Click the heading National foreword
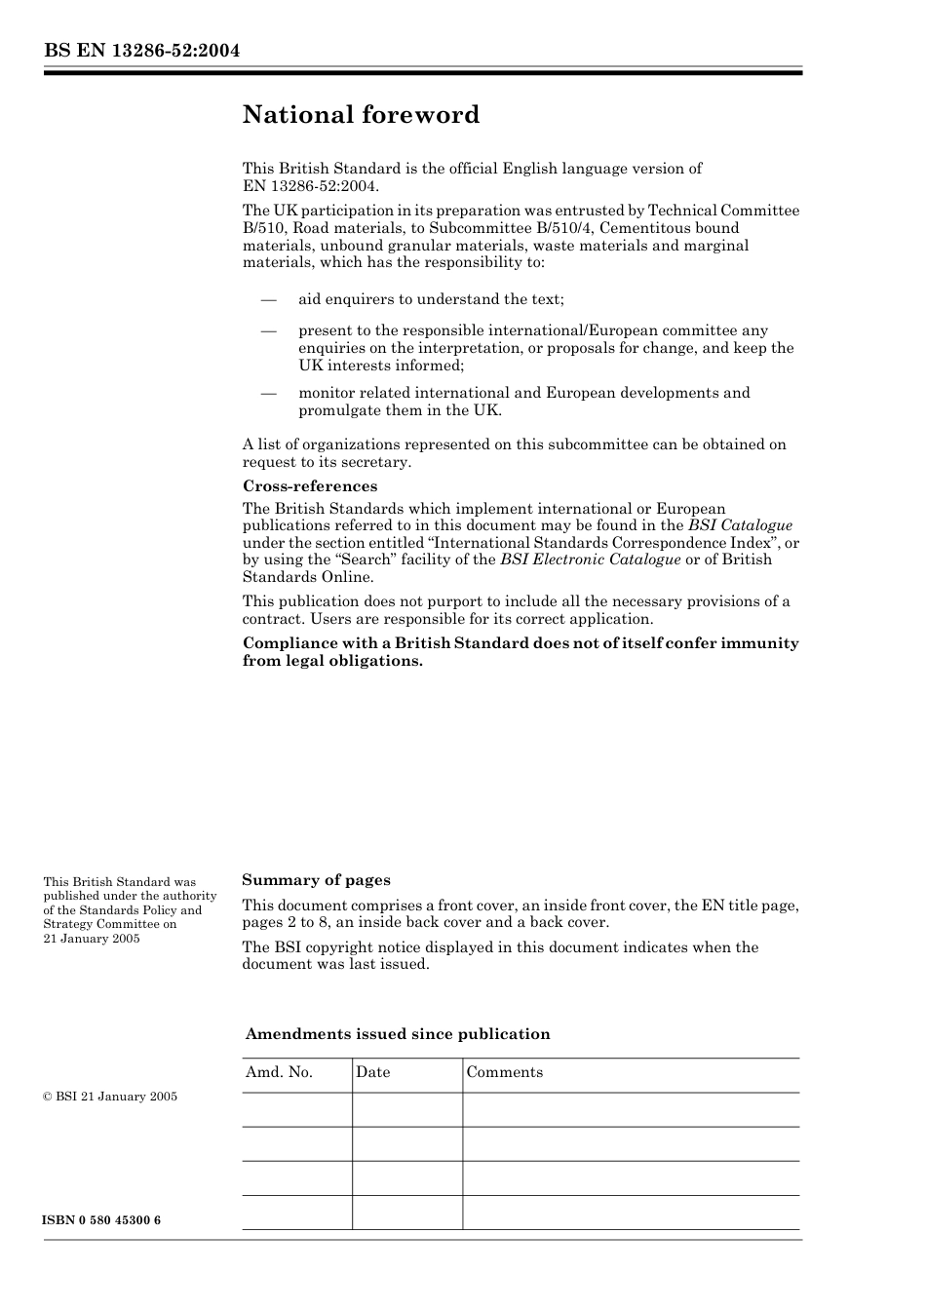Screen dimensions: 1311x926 point(361,115)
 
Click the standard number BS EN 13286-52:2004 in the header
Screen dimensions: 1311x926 point(141,51)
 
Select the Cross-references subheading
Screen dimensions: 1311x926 point(310,486)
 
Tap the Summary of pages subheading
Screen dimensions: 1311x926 point(316,880)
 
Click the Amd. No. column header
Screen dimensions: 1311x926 point(279,1072)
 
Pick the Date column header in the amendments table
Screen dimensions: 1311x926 point(372,1072)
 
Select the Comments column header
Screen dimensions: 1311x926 point(504,1072)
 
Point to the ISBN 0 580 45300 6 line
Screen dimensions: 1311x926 point(102,1220)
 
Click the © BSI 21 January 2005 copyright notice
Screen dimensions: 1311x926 point(110,1097)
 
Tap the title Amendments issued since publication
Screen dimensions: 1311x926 point(398,1034)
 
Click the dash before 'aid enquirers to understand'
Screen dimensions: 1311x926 point(269,299)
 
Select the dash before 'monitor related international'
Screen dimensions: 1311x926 point(269,393)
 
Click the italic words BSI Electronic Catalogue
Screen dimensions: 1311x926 point(590,559)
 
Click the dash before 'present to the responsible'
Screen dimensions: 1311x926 point(269,330)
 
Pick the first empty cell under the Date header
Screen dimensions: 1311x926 point(406,1109)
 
